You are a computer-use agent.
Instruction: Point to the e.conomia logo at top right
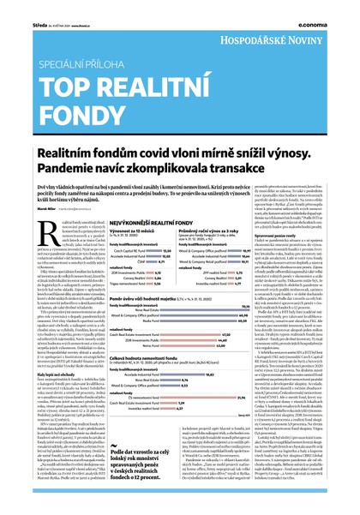pos(333,8)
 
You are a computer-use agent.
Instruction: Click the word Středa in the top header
pos(18,7)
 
